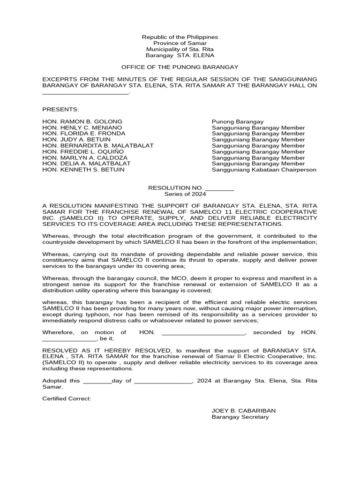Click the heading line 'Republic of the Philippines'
coord(180,37)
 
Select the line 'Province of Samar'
coord(180,43)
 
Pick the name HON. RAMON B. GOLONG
coord(82,121)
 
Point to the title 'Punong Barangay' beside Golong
coord(238,121)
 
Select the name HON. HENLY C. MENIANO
coord(82,127)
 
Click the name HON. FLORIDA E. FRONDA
coord(84,134)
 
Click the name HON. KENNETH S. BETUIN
coord(83,170)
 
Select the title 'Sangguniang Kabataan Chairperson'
coord(264,170)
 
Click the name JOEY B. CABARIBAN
coord(244,411)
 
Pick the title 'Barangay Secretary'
coord(240,417)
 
